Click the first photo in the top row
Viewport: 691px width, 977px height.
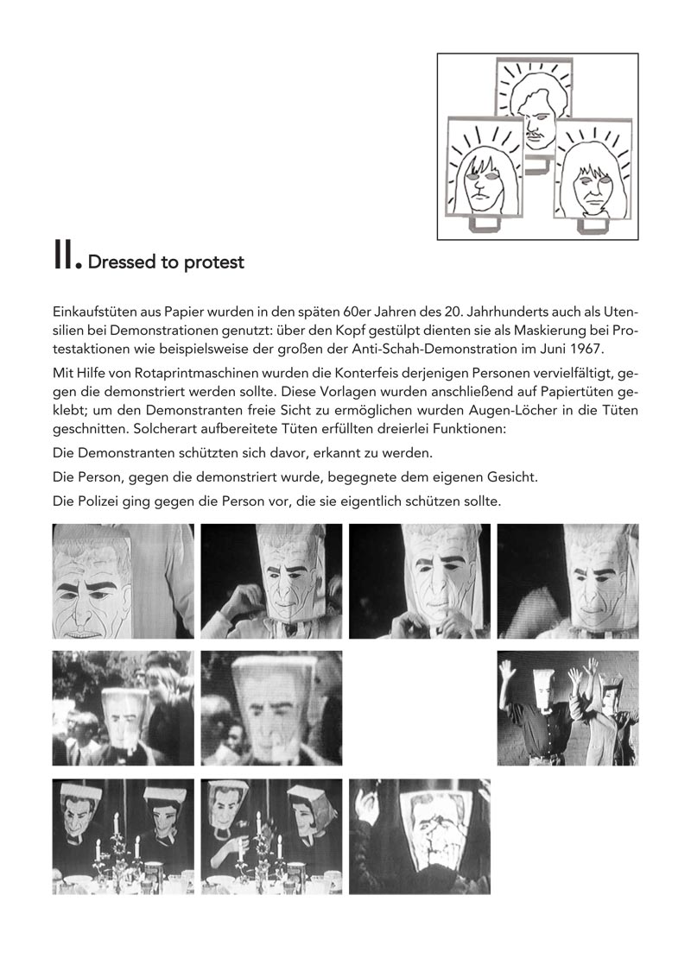tap(123, 581)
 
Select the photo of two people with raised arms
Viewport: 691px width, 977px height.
tap(567, 708)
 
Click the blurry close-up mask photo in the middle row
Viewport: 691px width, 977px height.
tap(271, 708)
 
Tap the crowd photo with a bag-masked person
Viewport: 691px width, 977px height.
tap(123, 708)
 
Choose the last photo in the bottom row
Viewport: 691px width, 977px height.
tap(419, 835)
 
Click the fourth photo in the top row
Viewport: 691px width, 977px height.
tap(567, 581)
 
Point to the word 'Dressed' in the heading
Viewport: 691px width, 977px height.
tap(122, 262)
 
